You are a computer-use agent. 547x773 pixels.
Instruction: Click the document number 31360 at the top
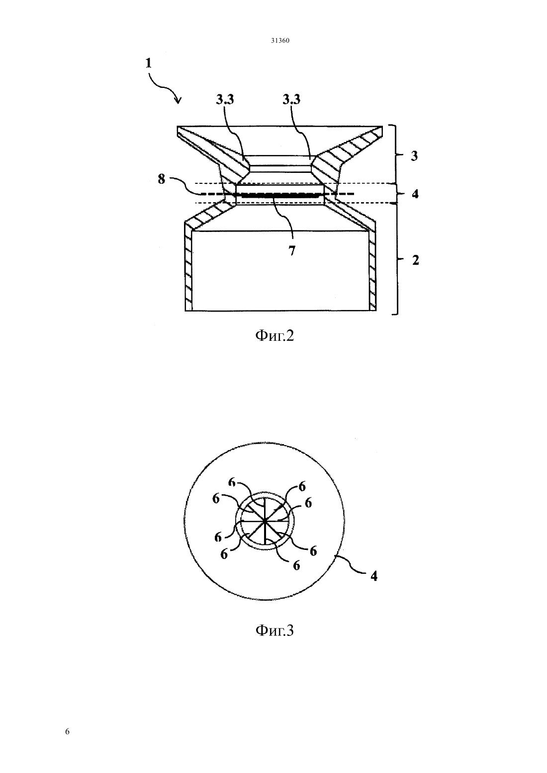280,41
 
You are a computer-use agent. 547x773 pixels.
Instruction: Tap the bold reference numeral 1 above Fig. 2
149,64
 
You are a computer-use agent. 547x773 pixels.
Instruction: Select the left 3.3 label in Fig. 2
225,100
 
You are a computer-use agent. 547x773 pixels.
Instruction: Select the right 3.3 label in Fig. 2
291,100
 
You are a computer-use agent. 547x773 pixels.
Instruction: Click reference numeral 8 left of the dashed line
161,179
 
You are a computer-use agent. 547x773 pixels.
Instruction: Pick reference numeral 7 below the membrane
292,251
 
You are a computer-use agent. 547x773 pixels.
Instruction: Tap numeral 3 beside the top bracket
414,156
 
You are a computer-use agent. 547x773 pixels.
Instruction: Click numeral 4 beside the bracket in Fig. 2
415,194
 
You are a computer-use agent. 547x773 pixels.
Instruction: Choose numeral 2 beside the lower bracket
415,260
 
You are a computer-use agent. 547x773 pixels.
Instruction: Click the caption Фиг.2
274,335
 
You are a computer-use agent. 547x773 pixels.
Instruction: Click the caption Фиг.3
274,630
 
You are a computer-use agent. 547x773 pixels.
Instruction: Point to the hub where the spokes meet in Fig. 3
264,520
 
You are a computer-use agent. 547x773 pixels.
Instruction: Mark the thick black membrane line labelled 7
279,196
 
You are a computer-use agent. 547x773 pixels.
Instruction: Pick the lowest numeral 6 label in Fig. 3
296,565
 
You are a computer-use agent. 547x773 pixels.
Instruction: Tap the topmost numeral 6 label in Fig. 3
232,482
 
